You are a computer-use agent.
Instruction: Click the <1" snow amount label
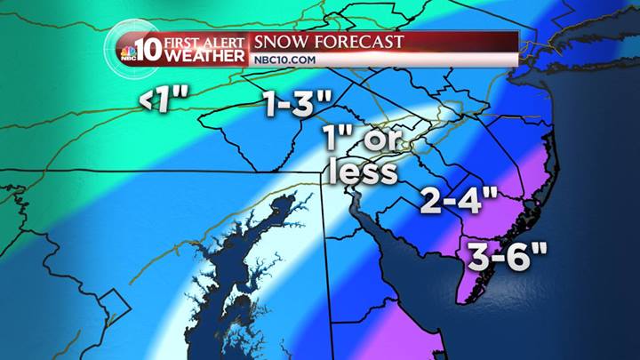[x=164, y=102]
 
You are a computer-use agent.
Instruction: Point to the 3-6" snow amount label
[x=504, y=260]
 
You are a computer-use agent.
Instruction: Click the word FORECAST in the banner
[x=360, y=42]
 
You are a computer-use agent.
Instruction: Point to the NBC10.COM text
[x=282, y=60]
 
